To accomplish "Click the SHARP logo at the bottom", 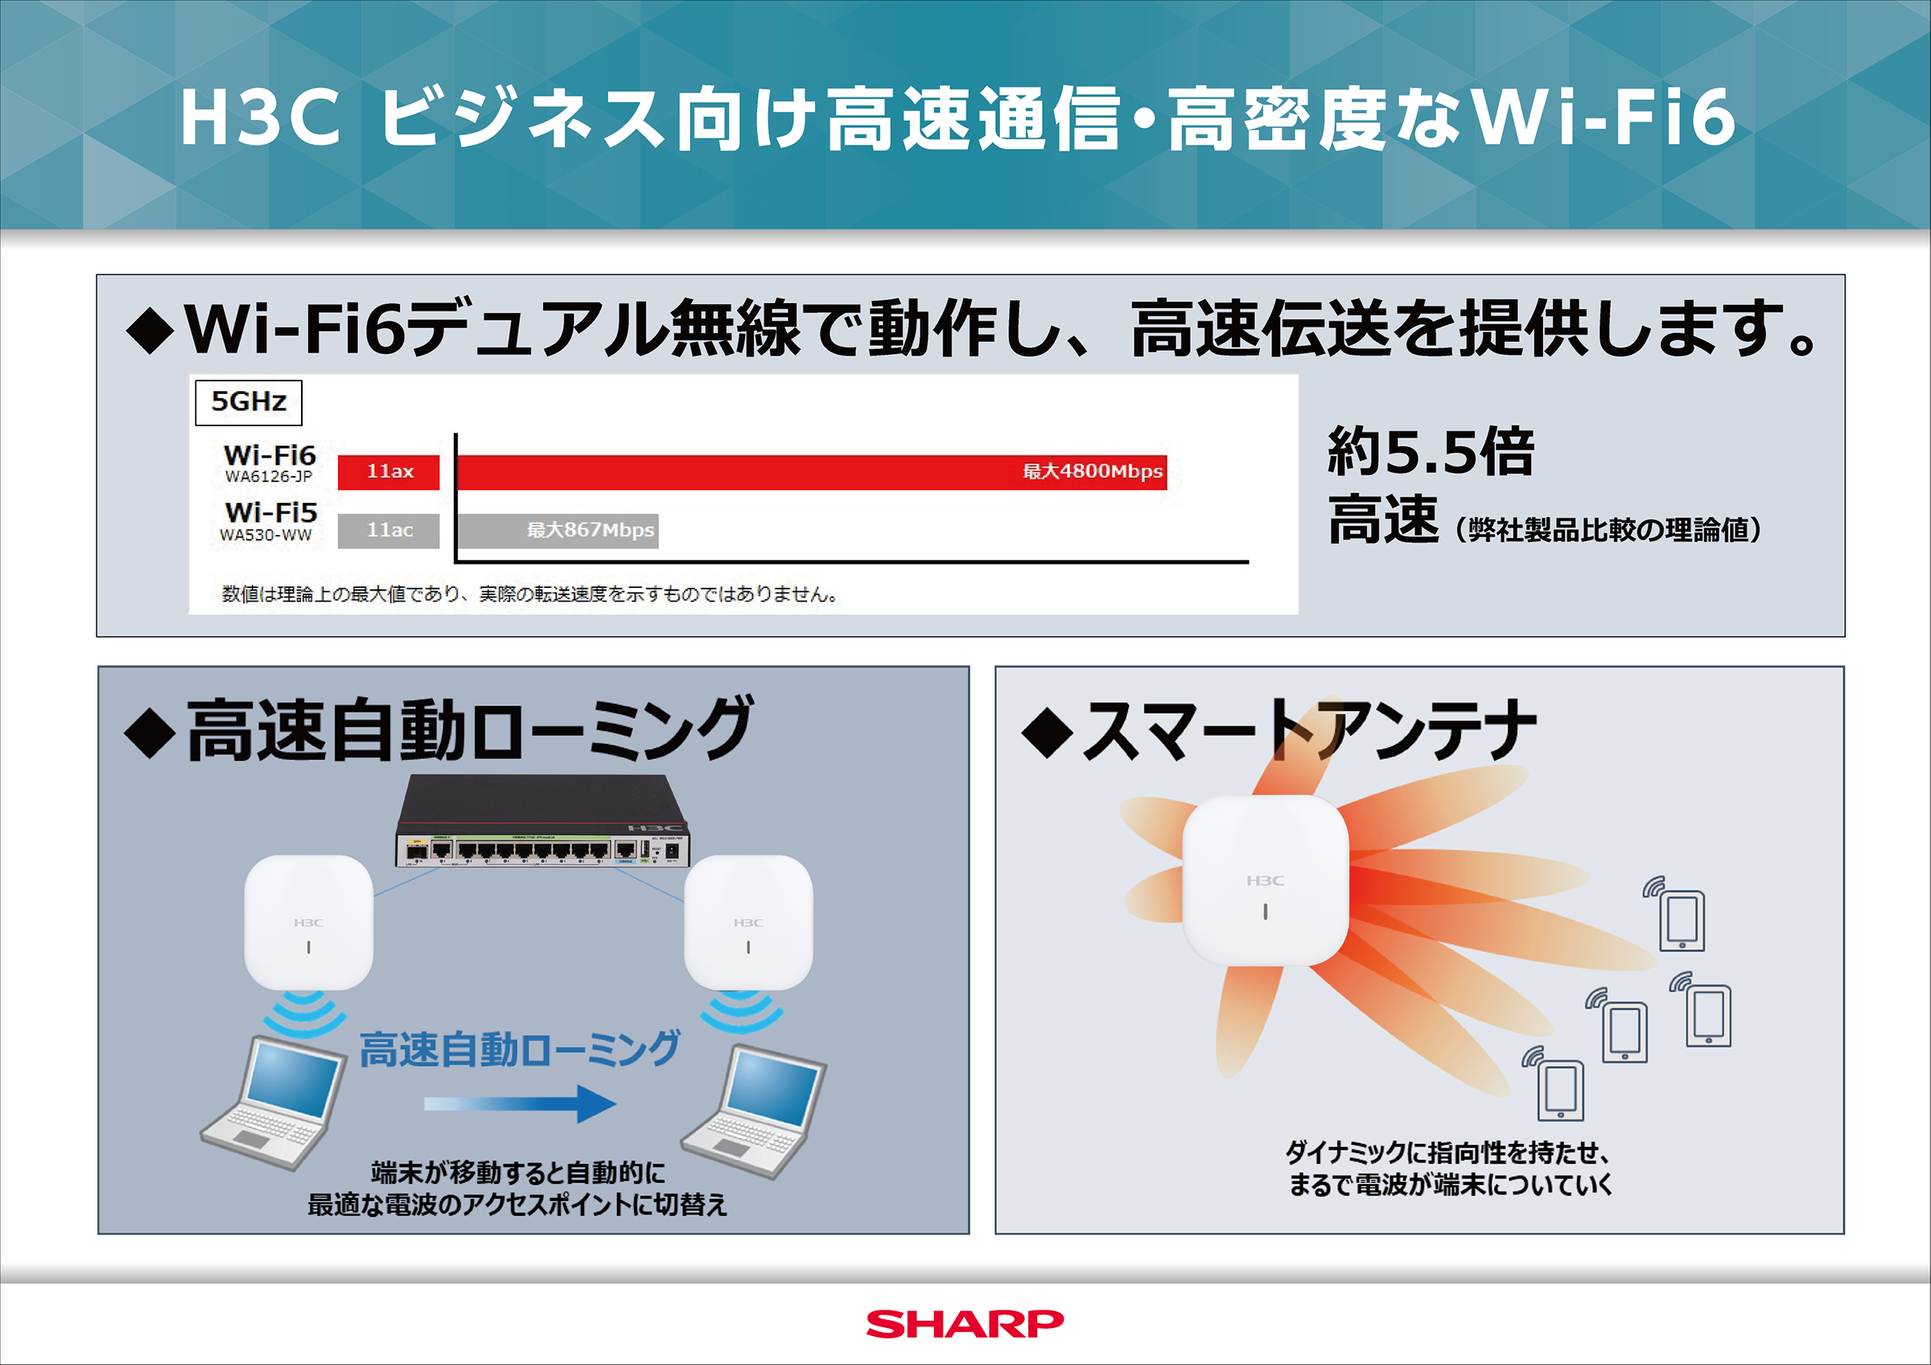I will pyautogui.click(x=965, y=1324).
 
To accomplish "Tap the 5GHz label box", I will pyautogui.click(x=248, y=402).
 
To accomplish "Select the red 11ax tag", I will pyautogui.click(x=389, y=472).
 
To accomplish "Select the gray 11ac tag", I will pyautogui.click(x=389, y=531).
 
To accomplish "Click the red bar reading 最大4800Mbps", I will pyautogui.click(x=811, y=472).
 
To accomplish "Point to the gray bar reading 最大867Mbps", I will pyautogui.click(x=557, y=531).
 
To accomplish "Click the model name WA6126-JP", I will pyautogui.click(x=268, y=477).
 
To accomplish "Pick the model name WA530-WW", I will pyautogui.click(x=266, y=536).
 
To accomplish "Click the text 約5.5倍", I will pyautogui.click(x=1431, y=451).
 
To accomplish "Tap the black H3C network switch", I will pyautogui.click(x=542, y=823).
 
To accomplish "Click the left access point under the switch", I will pyautogui.click(x=309, y=923).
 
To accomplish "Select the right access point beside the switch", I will pyautogui.click(x=748, y=923).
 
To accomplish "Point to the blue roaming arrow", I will pyautogui.click(x=521, y=1104).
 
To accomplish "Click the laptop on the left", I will pyautogui.click(x=274, y=1103).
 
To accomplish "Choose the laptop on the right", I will pyautogui.click(x=755, y=1111).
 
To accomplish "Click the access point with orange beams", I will pyautogui.click(x=1265, y=880).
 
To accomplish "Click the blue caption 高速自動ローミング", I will pyautogui.click(x=519, y=1050).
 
